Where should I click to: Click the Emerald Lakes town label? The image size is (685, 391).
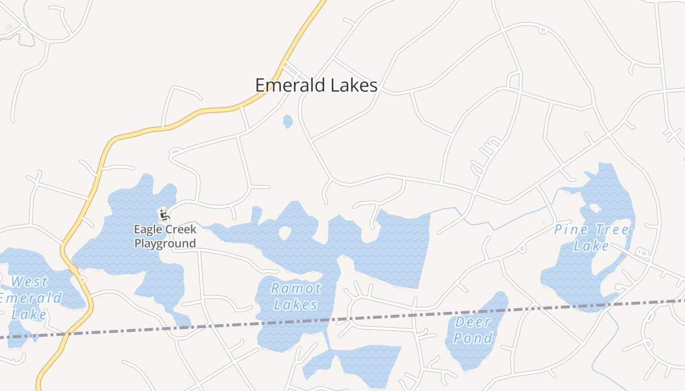(316, 86)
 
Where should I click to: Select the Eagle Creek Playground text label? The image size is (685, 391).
(165, 236)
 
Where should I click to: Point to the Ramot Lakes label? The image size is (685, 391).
(296, 296)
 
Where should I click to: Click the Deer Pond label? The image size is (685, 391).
(473, 329)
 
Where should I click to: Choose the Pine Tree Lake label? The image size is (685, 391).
(592, 237)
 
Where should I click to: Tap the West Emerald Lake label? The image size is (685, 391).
(29, 297)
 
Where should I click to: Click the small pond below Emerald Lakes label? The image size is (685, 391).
(288, 121)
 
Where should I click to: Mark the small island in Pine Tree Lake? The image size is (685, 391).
(595, 208)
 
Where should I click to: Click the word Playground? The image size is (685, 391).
(165, 243)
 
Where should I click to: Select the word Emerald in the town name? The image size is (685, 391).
(290, 86)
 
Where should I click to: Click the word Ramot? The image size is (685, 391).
(296, 288)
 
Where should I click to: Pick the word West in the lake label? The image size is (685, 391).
(29, 282)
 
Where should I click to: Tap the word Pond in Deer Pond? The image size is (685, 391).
(473, 338)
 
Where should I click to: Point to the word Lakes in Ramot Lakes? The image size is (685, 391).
(296, 305)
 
